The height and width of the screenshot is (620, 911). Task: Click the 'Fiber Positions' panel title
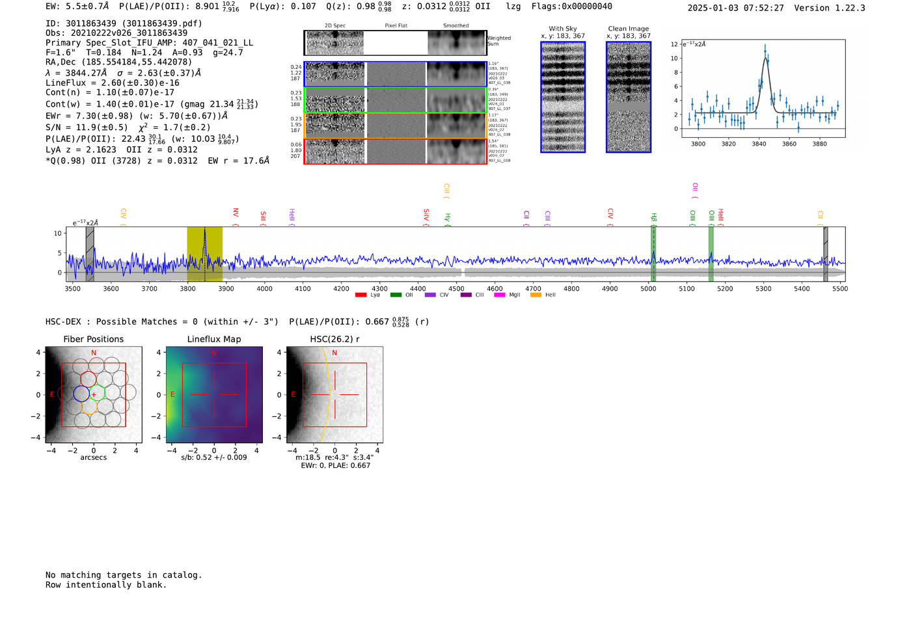[93, 339]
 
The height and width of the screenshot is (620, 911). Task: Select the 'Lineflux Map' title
[213, 339]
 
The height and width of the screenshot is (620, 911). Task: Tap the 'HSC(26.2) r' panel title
[334, 339]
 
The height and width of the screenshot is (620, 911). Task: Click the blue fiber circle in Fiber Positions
[81, 393]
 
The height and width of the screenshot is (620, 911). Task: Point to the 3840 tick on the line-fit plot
[759, 144]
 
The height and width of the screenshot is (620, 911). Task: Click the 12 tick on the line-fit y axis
[674, 44]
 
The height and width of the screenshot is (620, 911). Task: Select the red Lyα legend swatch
[360, 295]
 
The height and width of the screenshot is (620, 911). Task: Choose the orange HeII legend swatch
[536, 295]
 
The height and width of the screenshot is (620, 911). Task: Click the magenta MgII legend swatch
[500, 295]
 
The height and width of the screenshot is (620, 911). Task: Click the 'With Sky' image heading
[563, 29]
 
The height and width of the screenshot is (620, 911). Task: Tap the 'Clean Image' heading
[628, 29]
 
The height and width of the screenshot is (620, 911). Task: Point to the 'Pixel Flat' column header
[396, 25]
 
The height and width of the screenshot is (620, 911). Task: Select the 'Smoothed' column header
[455, 25]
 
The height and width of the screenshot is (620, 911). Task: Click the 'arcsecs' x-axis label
[93, 457]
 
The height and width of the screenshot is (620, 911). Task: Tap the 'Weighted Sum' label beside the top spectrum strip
[498, 40]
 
